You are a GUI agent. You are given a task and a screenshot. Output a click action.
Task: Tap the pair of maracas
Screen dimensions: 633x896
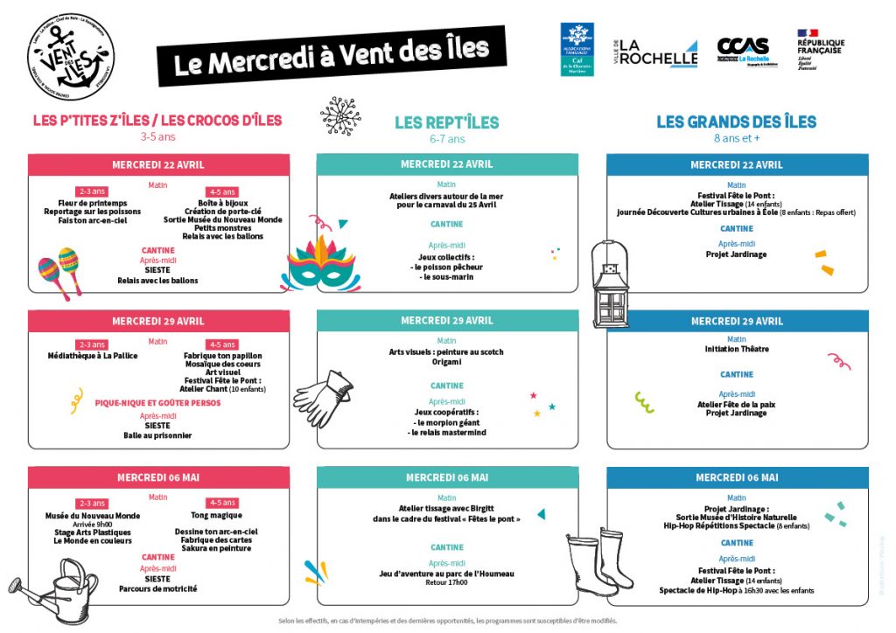click(x=59, y=270)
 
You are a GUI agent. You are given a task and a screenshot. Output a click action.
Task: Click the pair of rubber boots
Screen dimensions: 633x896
click(x=600, y=560)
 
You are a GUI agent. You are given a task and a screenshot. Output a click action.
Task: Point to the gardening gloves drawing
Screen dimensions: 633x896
click(x=324, y=394)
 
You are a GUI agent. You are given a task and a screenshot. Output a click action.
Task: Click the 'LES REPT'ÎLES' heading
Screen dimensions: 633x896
click(x=446, y=123)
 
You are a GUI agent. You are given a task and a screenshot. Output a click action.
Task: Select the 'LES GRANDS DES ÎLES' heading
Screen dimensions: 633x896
click(x=736, y=122)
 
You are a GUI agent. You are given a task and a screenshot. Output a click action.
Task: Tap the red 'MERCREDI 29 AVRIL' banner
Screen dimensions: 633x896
click(x=158, y=321)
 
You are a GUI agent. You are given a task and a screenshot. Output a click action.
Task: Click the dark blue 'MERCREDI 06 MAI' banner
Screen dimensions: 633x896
click(x=737, y=477)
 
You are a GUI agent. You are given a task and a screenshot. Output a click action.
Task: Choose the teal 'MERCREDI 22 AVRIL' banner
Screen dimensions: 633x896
click(x=446, y=164)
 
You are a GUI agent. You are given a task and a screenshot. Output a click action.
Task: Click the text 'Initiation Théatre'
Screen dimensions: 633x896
click(x=737, y=349)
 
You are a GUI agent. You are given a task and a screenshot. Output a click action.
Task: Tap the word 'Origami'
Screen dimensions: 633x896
click(x=446, y=362)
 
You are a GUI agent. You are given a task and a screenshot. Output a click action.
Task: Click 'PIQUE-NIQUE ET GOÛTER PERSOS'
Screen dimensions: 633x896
click(x=157, y=404)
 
